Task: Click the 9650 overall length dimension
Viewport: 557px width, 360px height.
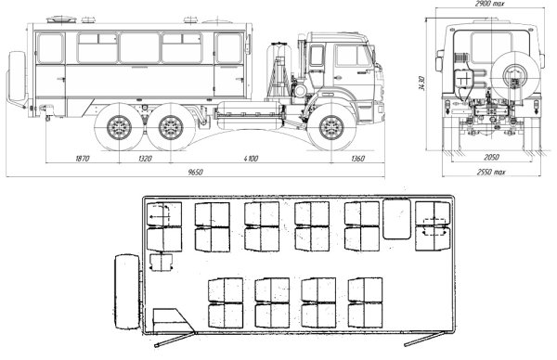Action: click(195, 173)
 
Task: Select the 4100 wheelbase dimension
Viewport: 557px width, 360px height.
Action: click(251, 159)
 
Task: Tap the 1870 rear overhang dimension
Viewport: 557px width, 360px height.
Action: click(83, 159)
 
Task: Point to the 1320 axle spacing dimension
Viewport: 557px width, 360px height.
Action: click(145, 159)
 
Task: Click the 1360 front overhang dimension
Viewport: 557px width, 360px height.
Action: click(357, 159)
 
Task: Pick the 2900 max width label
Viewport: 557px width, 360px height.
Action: click(490, 4)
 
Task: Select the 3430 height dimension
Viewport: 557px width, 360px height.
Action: click(422, 84)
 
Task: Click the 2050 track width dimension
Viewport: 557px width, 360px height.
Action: click(491, 157)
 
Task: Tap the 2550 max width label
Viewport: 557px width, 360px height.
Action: click(490, 173)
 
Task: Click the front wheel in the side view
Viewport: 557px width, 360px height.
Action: click(331, 127)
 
